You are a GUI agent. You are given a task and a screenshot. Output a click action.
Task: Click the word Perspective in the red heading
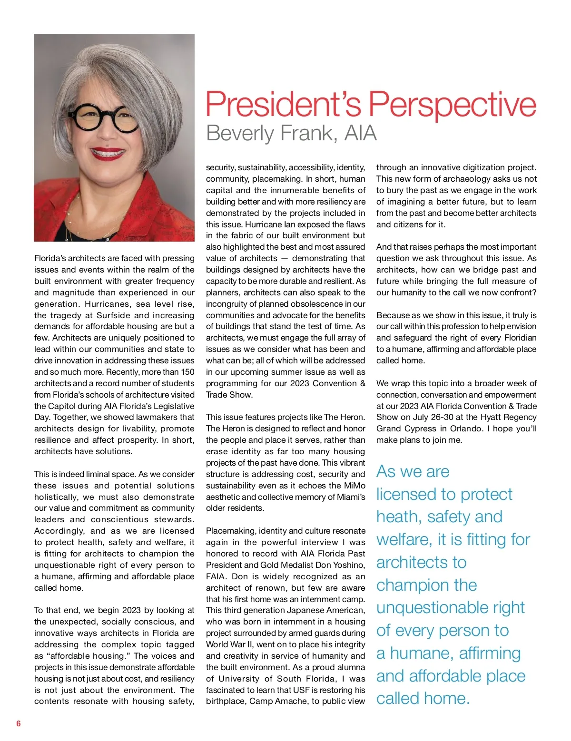453,106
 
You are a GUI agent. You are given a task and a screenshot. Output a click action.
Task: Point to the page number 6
19,723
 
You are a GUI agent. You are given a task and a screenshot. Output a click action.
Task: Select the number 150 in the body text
187,372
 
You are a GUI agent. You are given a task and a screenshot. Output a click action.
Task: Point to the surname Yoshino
345,565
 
